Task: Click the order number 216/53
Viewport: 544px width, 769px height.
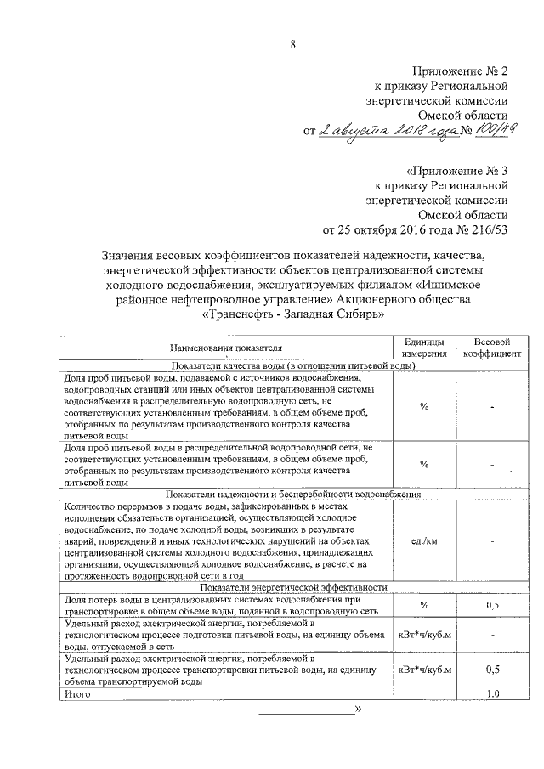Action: point(487,228)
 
